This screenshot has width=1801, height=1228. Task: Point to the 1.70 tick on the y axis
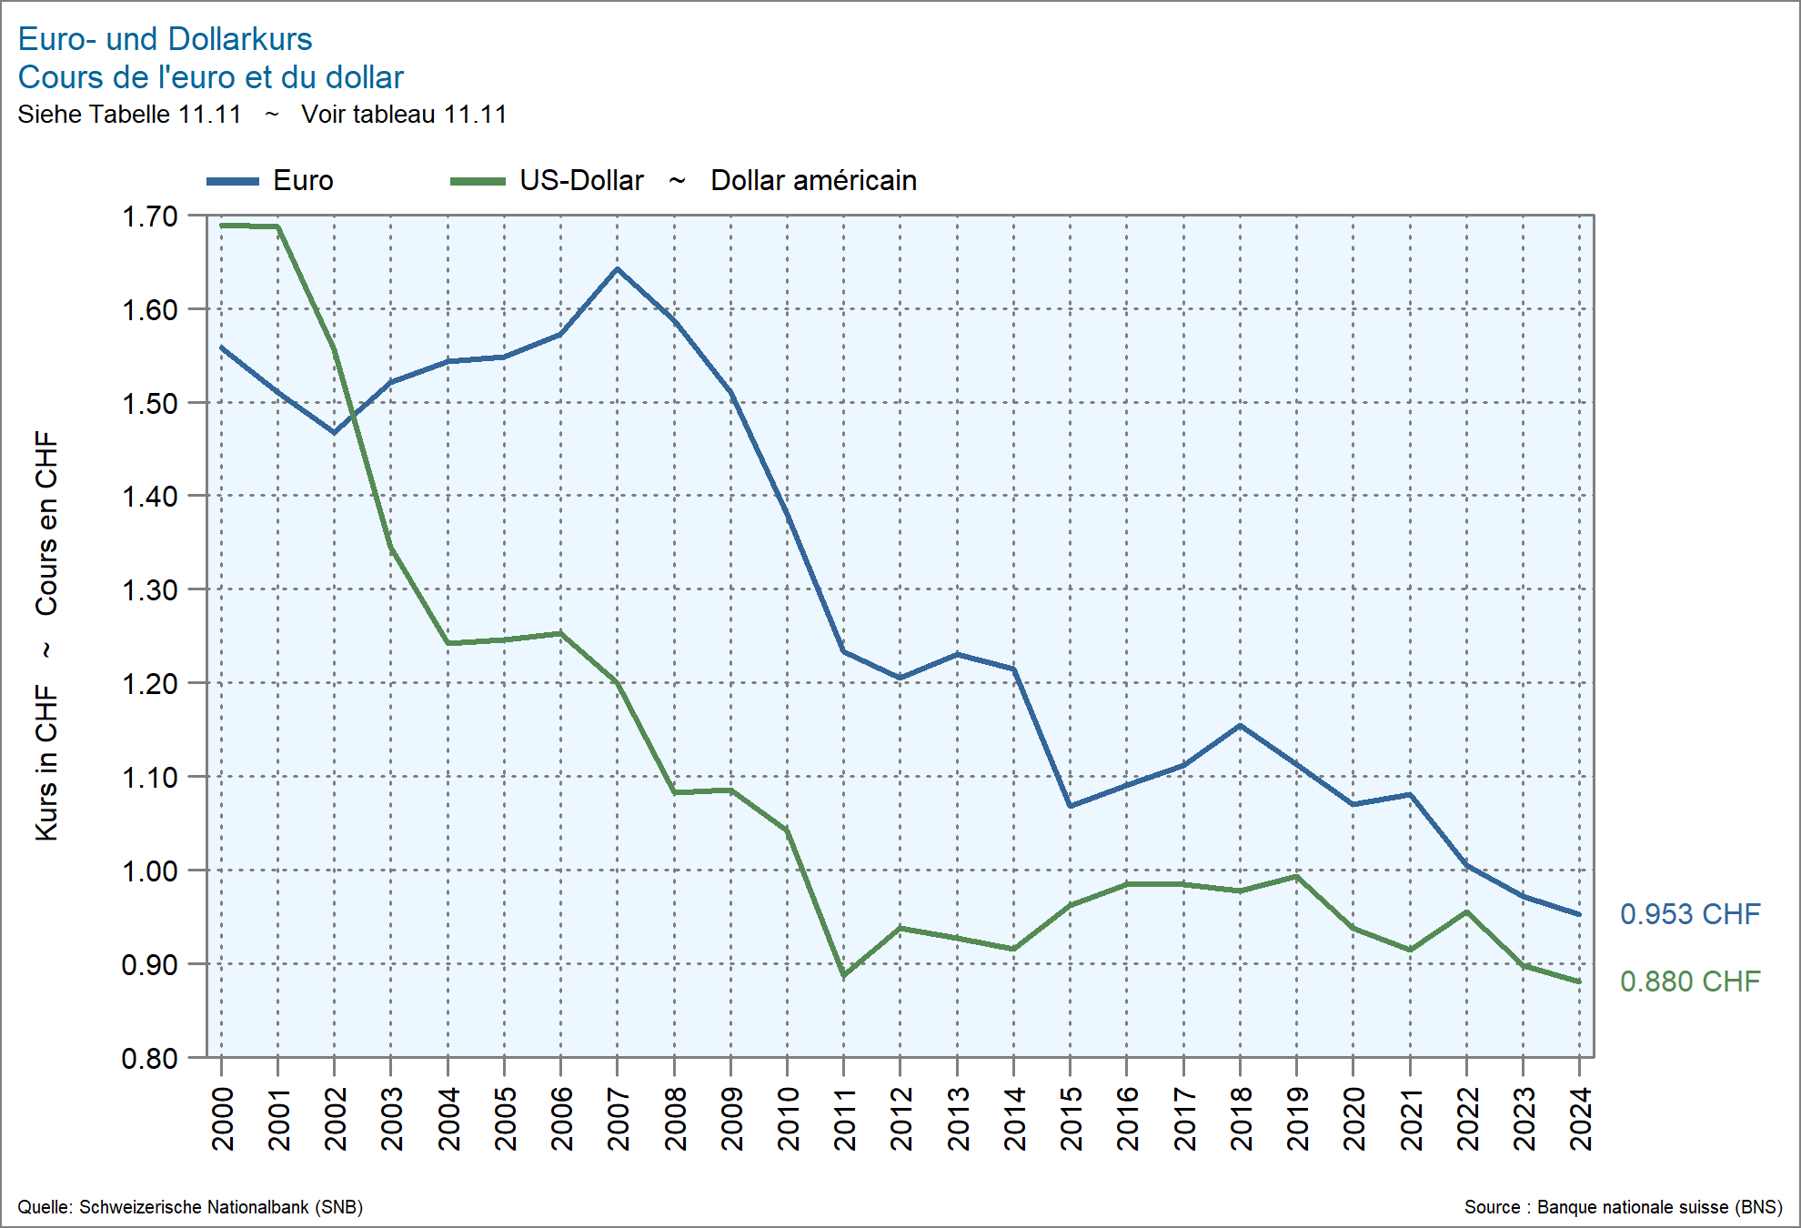150,216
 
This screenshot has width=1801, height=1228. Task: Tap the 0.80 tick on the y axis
150,1058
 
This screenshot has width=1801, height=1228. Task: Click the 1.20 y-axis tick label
150,683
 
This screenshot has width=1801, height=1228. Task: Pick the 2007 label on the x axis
619,1119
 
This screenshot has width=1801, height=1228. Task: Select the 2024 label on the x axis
1581,1119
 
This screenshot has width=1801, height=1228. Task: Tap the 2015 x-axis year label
1072,1119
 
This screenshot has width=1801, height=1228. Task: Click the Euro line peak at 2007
618,269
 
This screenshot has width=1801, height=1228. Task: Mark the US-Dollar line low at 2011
844,976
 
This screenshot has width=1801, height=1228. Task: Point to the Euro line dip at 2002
334,432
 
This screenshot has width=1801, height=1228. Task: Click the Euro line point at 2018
1240,726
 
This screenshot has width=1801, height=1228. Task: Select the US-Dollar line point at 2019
1296,877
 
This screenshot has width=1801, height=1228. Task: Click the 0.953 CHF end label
1690,914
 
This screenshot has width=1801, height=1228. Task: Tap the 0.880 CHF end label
1690,981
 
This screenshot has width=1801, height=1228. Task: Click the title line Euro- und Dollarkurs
165,39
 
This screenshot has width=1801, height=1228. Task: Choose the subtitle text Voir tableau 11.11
404,115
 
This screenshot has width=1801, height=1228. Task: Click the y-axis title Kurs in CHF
46,762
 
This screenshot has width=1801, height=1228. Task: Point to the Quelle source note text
190,1207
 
